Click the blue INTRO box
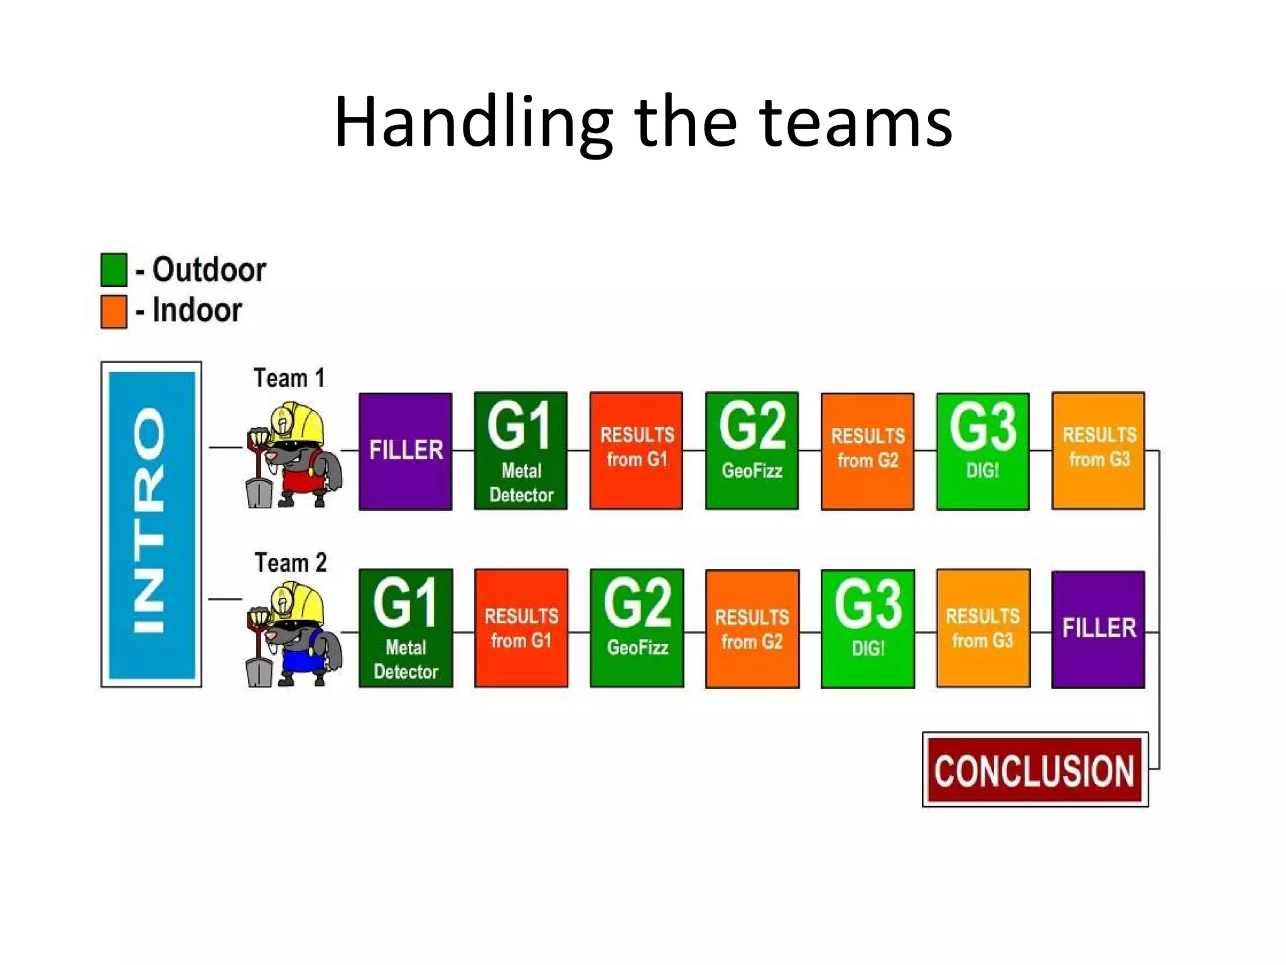[x=151, y=525]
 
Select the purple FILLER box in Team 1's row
[x=406, y=451]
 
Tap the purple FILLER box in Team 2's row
[x=1098, y=629]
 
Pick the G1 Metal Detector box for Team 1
[x=521, y=450]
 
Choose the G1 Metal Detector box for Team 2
[x=406, y=628]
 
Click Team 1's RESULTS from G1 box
[x=636, y=450]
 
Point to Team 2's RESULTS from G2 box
[x=752, y=629]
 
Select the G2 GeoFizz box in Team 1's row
[x=752, y=450]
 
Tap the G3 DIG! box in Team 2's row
[x=867, y=629]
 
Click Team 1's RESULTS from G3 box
[x=1098, y=450]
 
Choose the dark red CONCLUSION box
[x=1035, y=770]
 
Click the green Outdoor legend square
[x=114, y=270]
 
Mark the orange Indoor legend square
[x=114, y=312]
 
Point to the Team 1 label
[x=289, y=378]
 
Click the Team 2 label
[x=290, y=562]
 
